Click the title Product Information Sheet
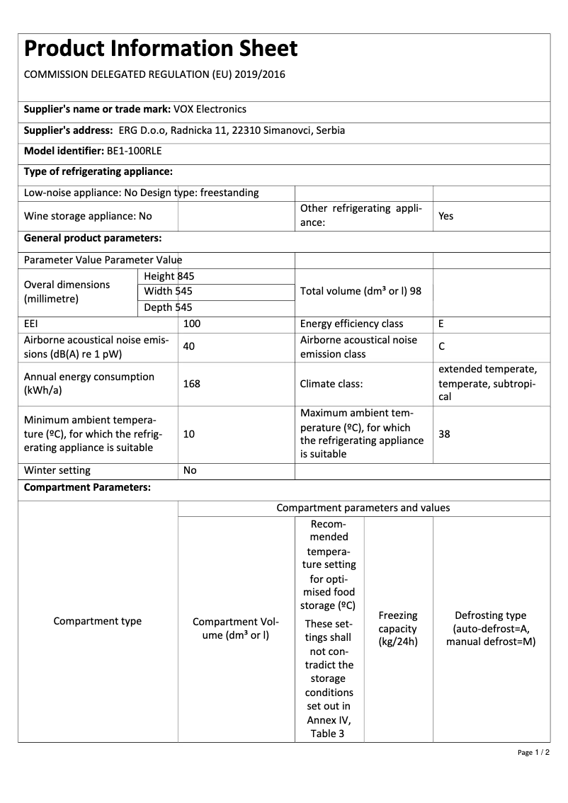click(161, 48)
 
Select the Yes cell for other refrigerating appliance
click(445, 216)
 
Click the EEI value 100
click(192, 324)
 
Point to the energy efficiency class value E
click(441, 324)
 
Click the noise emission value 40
click(189, 346)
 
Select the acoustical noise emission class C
click(442, 347)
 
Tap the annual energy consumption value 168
click(191, 384)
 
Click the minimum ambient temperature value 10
click(189, 434)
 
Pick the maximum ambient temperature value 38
click(444, 434)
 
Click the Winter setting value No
click(190, 470)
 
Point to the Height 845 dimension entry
click(169, 276)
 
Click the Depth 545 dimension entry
click(168, 307)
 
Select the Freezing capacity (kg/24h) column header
click(397, 629)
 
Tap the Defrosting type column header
click(491, 629)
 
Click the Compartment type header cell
click(98, 621)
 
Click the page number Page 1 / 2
click(533, 752)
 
